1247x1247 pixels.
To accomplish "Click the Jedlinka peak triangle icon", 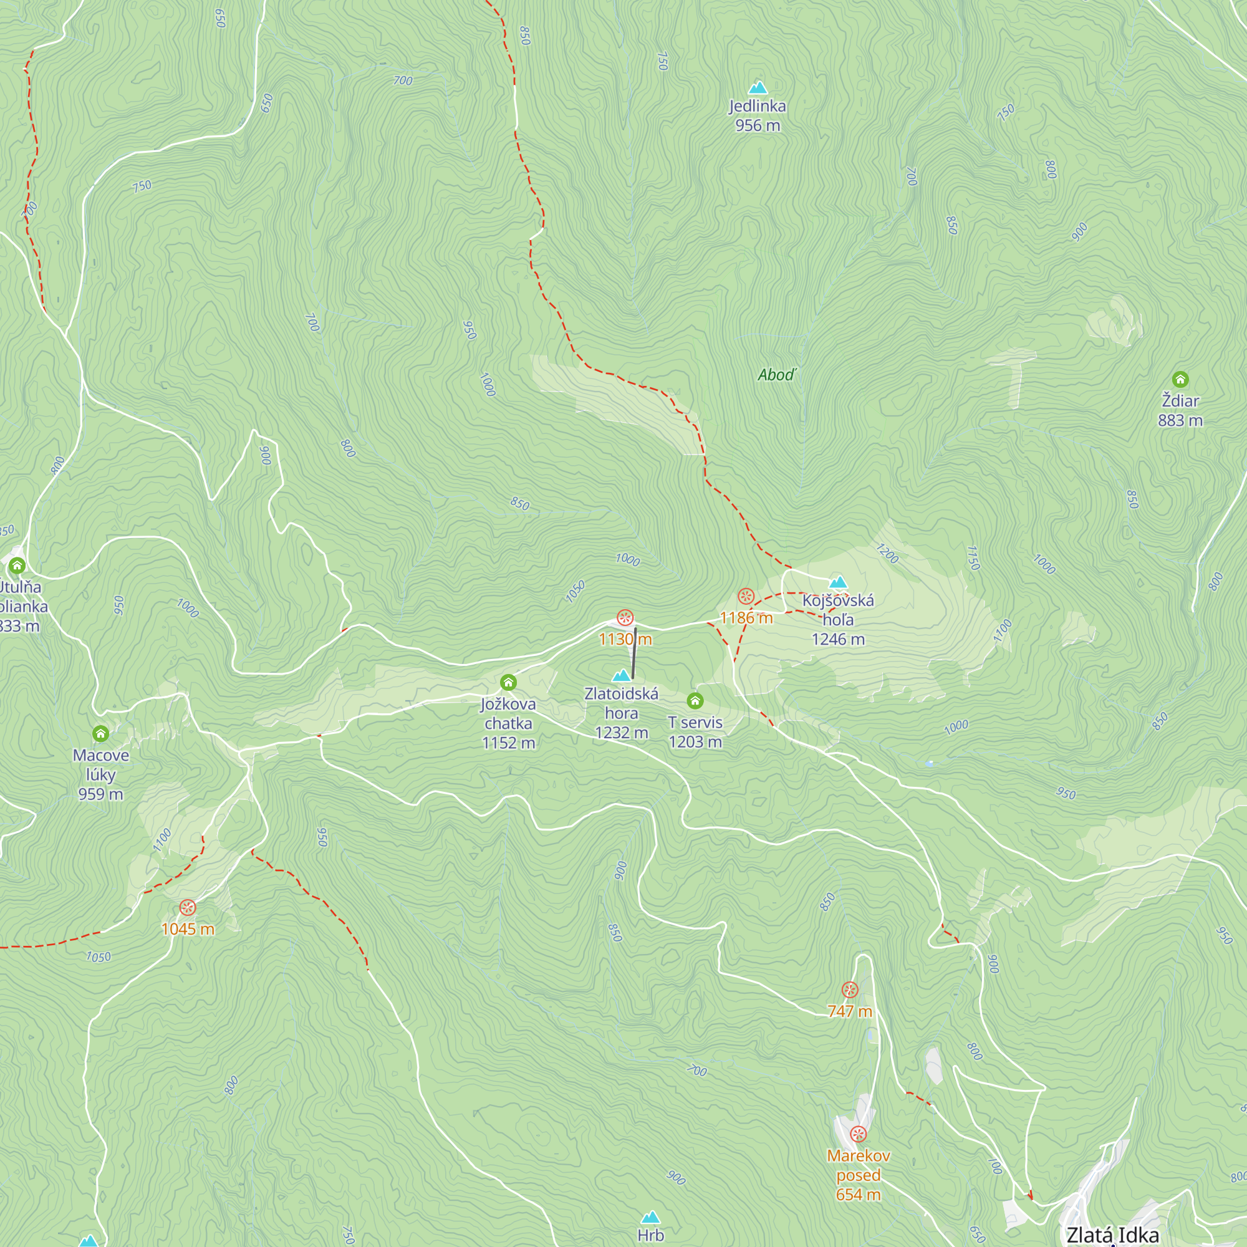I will (758, 87).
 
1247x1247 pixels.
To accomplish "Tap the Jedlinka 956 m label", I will (758, 115).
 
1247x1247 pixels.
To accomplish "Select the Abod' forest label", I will (777, 375).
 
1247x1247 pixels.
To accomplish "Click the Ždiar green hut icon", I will (1180, 379).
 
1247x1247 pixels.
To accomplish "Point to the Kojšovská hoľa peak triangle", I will (838, 582).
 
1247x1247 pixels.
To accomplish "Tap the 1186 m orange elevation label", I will (746, 618).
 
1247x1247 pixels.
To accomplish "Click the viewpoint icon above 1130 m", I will (625, 618).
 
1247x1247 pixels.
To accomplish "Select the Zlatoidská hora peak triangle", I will (621, 676).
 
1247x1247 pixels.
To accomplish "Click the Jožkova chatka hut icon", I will (508, 682).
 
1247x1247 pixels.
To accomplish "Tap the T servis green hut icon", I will (695, 700).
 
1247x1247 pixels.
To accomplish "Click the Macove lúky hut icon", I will (100, 733).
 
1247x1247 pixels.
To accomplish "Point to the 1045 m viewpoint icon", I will (187, 907).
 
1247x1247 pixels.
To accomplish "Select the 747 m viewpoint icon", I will (850, 989).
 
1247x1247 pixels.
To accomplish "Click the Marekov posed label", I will (858, 1165).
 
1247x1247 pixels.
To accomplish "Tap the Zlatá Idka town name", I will (1113, 1234).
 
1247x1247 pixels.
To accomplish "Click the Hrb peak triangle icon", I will (650, 1217).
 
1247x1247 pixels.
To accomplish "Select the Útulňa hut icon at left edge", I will (17, 566).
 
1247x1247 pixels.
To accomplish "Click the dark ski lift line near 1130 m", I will (635, 653).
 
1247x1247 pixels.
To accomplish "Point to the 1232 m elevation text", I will (621, 733).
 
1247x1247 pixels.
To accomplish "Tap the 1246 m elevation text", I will (838, 639).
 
